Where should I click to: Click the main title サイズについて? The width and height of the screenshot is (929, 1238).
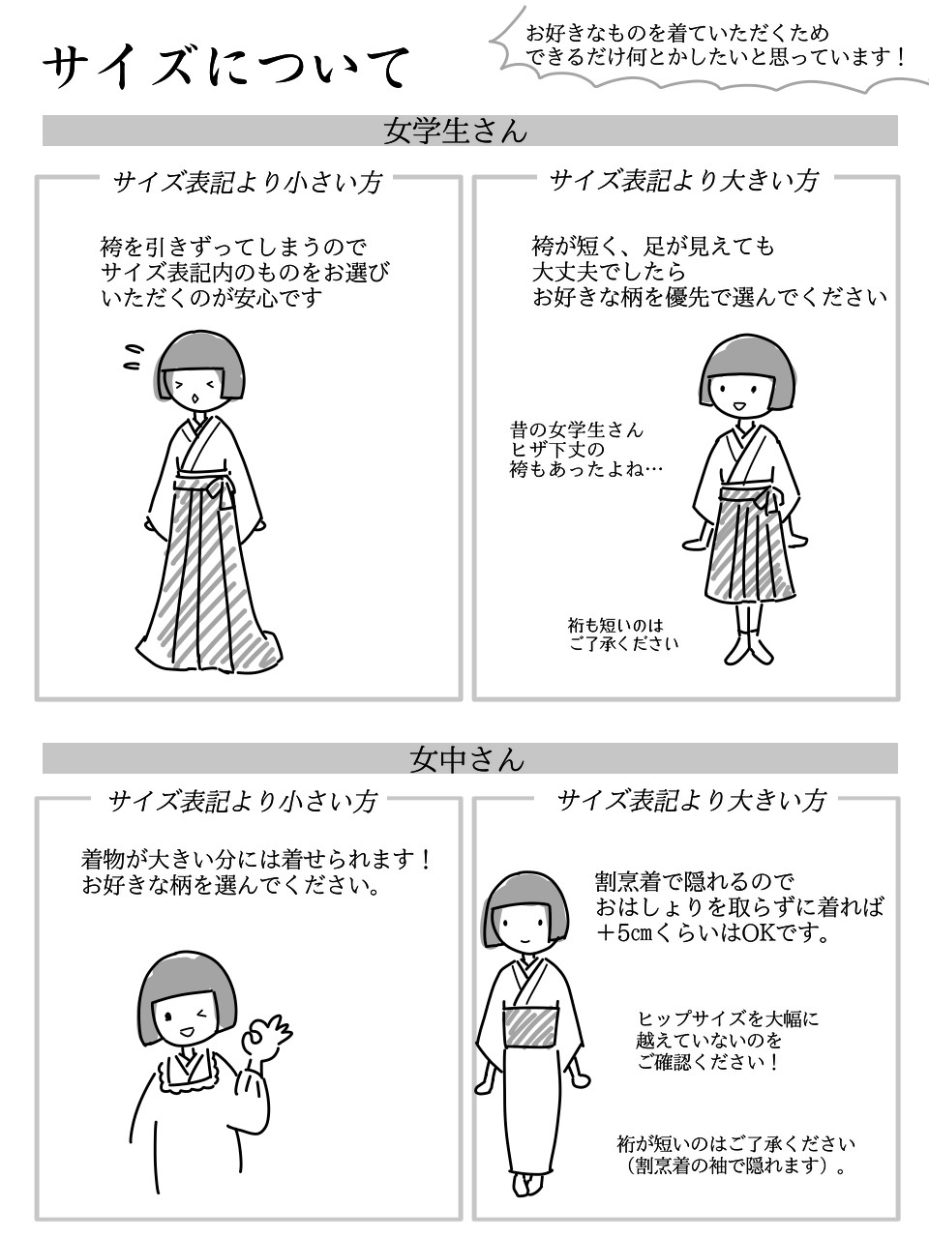tap(225, 68)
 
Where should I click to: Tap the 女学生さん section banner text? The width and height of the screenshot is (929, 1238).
tap(455, 132)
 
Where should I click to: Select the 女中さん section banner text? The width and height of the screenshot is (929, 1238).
tap(466, 758)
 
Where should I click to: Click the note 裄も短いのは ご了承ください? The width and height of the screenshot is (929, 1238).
tap(623, 634)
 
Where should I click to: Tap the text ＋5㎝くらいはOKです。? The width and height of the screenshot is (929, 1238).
tap(713, 934)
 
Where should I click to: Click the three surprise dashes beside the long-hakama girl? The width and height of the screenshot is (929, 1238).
tap(134, 358)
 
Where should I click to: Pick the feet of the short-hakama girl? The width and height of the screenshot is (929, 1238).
tap(748, 649)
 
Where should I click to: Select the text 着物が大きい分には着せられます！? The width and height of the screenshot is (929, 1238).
tap(256, 860)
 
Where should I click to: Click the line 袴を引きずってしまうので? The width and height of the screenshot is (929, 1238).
tap(233, 247)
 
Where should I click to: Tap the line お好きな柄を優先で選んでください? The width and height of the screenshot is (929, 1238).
tap(709, 297)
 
